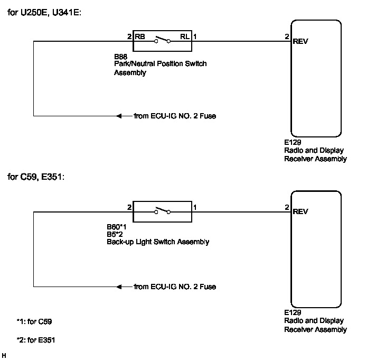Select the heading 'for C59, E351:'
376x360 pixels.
[35, 177]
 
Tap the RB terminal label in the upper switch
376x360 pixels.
[140, 37]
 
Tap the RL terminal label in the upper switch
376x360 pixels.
[185, 37]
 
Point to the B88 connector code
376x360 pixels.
[121, 55]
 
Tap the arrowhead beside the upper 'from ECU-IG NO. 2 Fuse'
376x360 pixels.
[120, 116]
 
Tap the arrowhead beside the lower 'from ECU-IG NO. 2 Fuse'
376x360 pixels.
[120, 287]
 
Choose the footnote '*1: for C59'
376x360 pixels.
[34, 321]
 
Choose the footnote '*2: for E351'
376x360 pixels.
[36, 340]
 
